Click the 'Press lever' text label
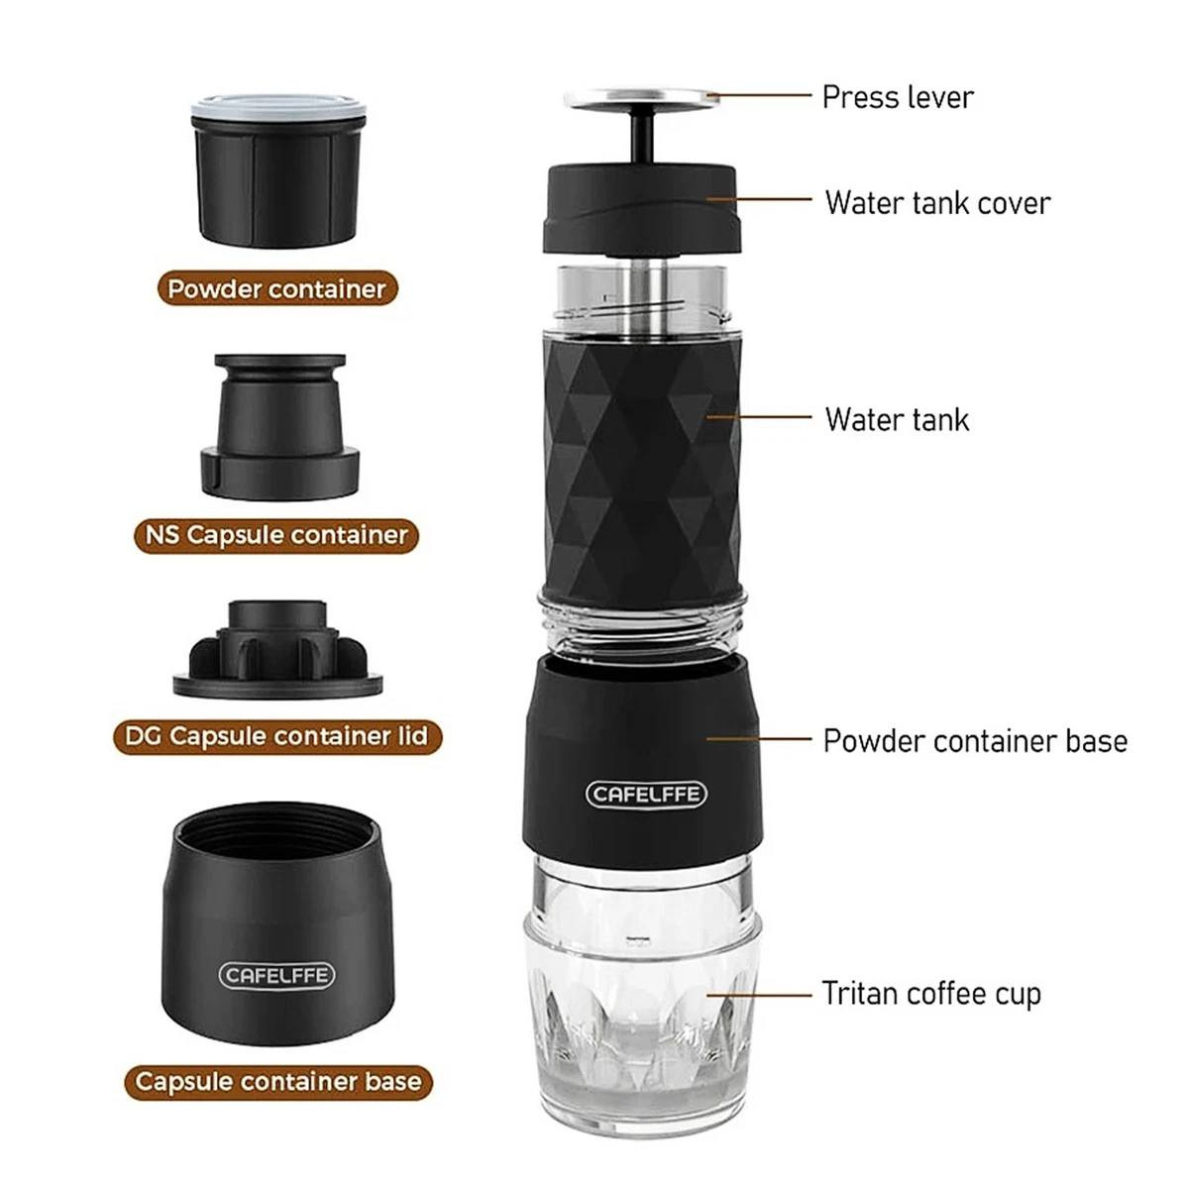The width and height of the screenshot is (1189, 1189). coord(897,98)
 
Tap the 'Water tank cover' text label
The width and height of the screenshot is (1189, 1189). coord(937,203)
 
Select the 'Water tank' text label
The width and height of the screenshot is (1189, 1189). coord(897,419)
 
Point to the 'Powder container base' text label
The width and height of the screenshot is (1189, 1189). coord(975,741)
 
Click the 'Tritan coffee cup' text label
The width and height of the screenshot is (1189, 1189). coord(931,994)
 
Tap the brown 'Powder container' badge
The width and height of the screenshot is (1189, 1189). coord(277,288)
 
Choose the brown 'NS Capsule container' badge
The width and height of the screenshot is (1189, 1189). coord(276,535)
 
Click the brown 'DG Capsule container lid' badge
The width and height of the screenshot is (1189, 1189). coord(277,736)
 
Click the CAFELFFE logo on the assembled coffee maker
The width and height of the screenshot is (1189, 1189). coord(645,794)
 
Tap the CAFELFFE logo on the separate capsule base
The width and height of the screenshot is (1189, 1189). coord(277,975)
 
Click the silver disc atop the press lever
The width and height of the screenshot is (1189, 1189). coord(642,99)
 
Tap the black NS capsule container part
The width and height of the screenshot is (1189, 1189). coord(280,426)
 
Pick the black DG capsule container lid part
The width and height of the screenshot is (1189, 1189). coord(277,649)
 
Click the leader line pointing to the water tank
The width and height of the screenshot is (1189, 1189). coord(759,417)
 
